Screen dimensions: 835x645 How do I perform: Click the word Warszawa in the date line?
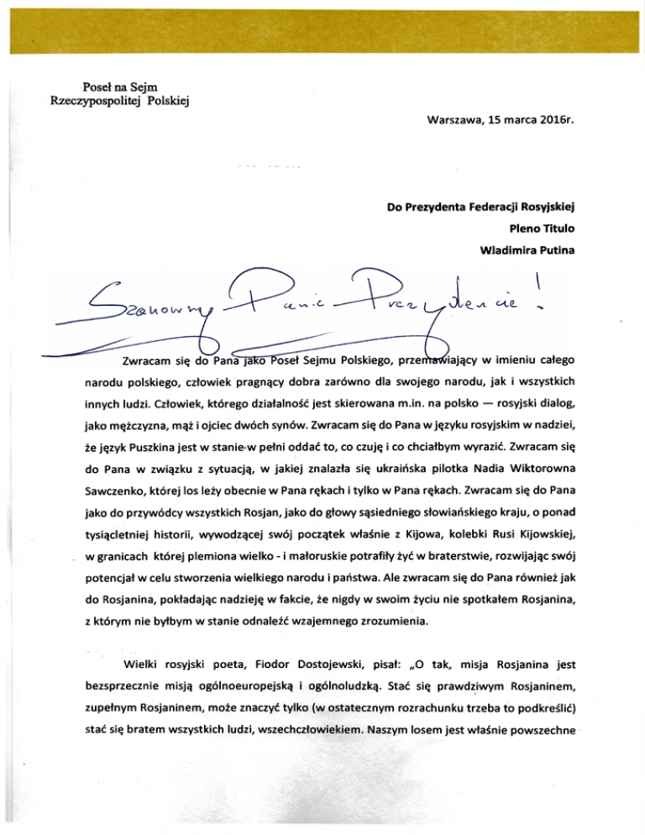click(454, 131)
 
